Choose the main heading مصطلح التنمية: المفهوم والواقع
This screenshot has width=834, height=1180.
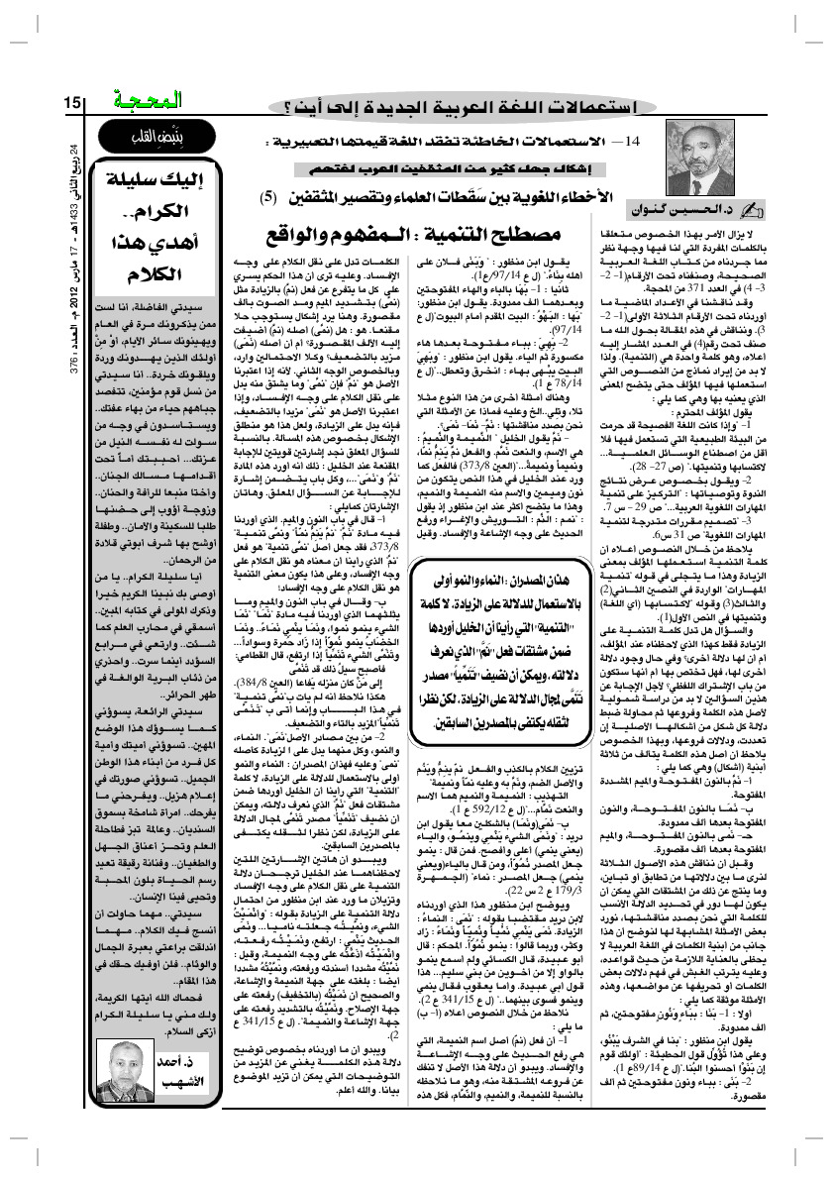(411, 236)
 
